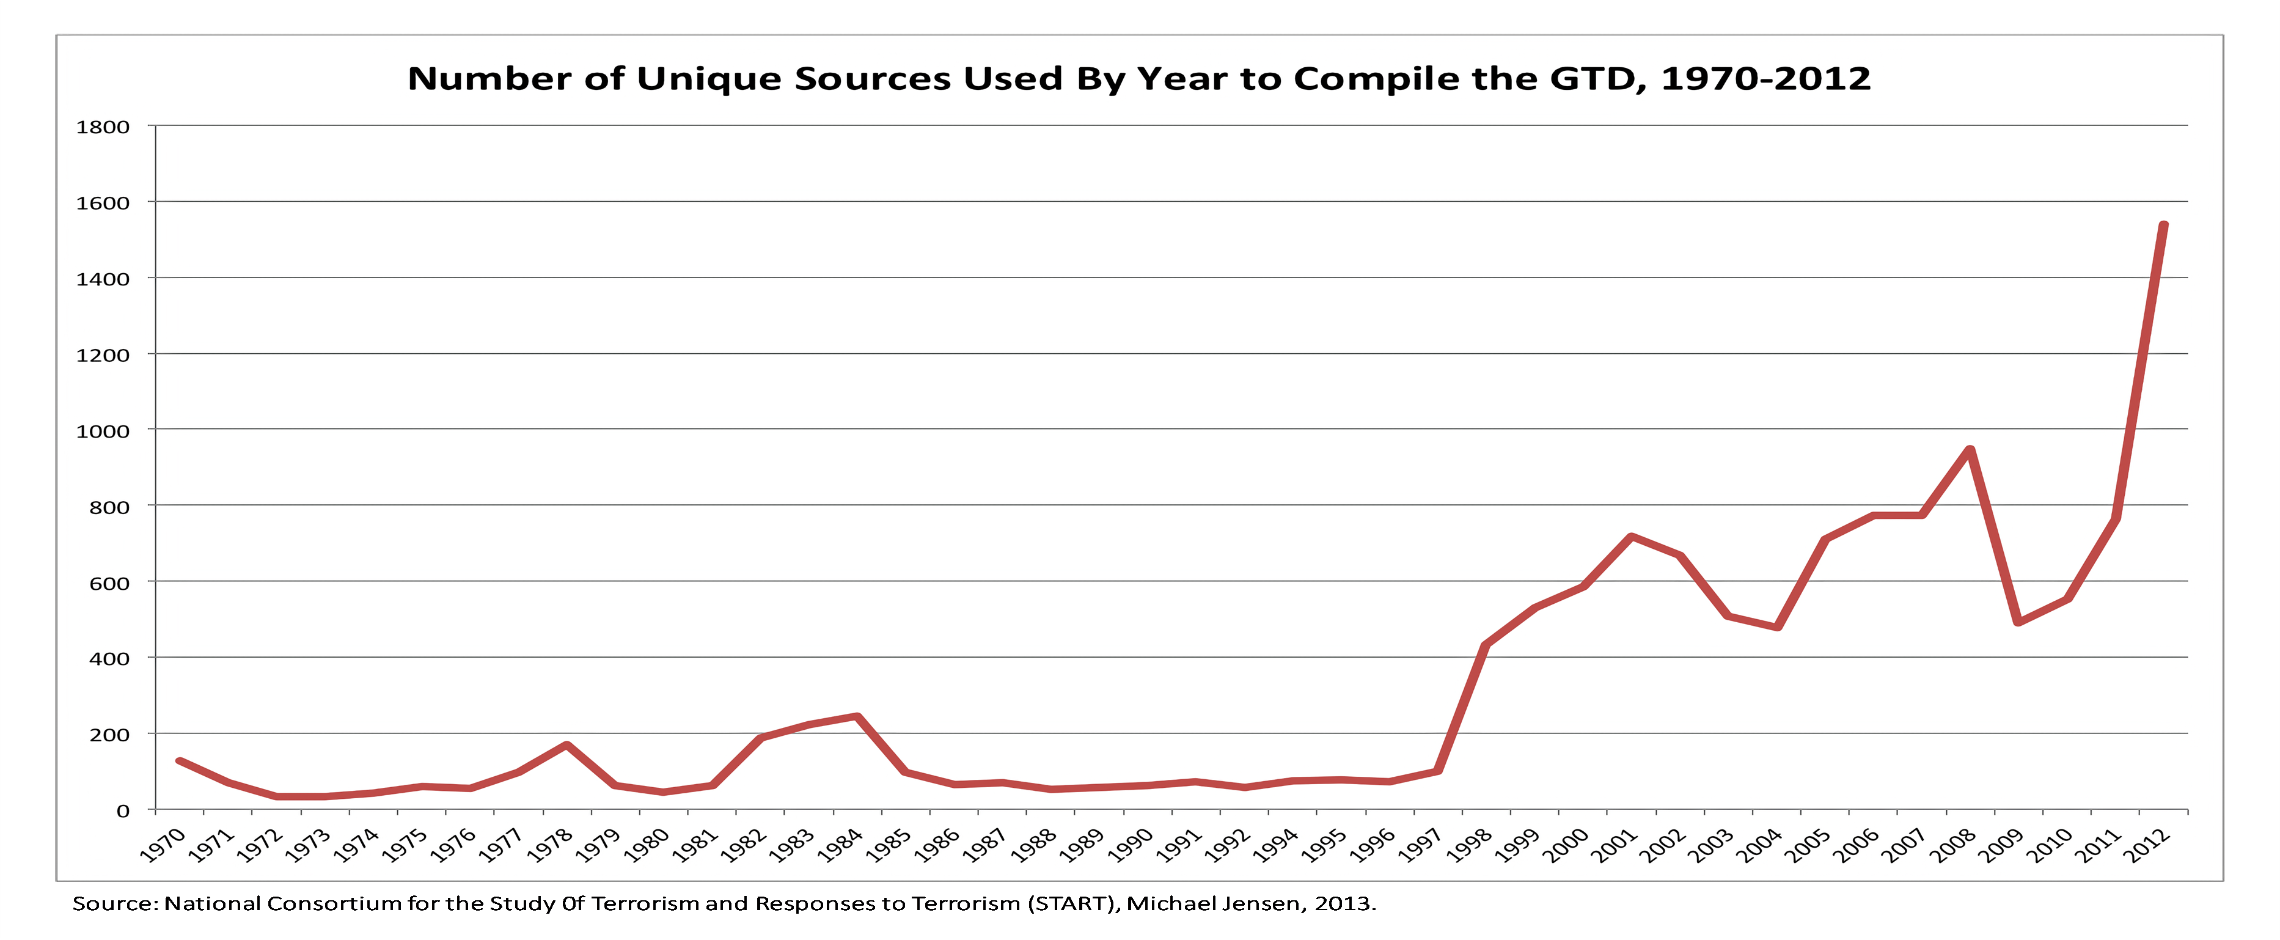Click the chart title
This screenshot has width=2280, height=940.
pos(1139,79)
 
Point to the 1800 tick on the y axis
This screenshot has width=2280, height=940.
pos(103,127)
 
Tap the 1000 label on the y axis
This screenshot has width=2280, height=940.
pos(103,431)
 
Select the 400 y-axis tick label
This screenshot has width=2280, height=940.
pos(109,658)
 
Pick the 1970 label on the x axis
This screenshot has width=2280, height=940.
pos(163,845)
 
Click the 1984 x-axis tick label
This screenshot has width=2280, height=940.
pos(839,845)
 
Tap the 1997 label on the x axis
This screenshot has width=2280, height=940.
pos(1420,845)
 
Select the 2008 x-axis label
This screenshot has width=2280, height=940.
pos(1952,845)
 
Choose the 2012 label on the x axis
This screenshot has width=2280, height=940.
pos(2146,845)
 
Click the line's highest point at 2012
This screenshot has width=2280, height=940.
pos(2163,225)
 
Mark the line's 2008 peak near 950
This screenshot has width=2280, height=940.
pos(1970,450)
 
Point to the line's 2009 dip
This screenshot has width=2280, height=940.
pos(2018,622)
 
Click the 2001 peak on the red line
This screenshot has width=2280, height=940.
pos(1630,537)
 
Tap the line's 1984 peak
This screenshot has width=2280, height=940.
pos(857,716)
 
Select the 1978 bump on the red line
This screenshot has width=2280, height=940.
pos(566,745)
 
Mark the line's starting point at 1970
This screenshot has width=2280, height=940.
pos(180,760)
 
